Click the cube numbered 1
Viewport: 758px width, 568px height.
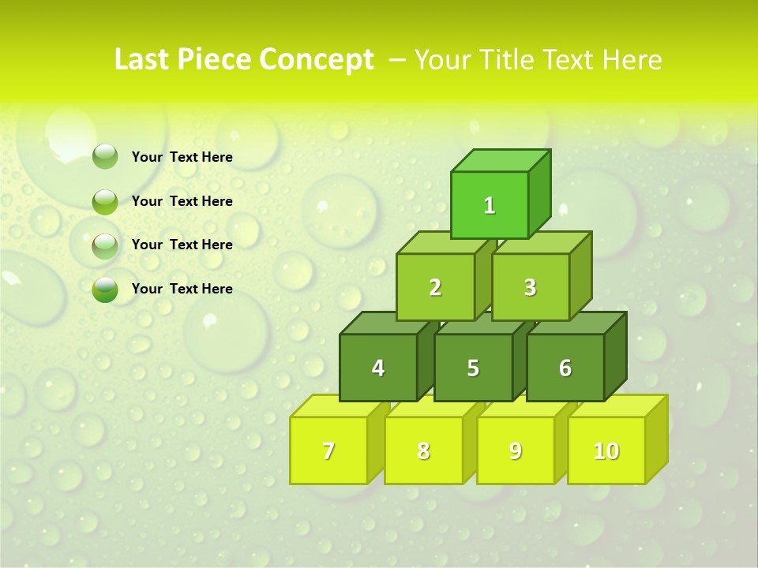(490, 205)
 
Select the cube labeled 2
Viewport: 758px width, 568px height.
(435, 287)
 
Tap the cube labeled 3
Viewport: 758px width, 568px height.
(530, 287)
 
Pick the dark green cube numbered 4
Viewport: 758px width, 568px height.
(378, 368)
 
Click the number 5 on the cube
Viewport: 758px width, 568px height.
(473, 368)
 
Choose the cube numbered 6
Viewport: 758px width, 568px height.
(565, 368)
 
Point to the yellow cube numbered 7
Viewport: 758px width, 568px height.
(328, 450)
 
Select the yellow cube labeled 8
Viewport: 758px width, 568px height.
(423, 450)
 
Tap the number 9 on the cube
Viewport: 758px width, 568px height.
(515, 450)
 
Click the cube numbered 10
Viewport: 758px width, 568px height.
(606, 450)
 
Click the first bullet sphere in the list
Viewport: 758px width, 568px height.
(105, 157)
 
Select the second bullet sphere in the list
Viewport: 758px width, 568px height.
(105, 201)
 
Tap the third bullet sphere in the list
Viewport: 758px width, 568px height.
(105, 245)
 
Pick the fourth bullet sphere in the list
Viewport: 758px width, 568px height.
(105, 290)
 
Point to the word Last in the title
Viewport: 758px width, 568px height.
(143, 60)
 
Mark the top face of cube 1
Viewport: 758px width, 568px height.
(501, 160)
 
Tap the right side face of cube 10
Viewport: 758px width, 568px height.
(656, 439)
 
